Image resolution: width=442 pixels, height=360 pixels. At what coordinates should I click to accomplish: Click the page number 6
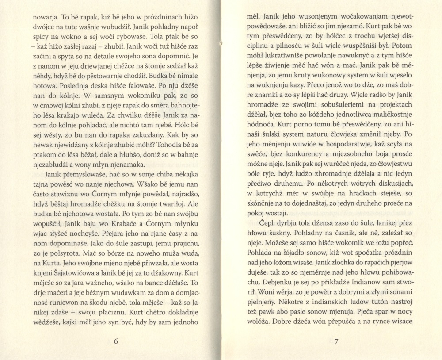click(x=115, y=341)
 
